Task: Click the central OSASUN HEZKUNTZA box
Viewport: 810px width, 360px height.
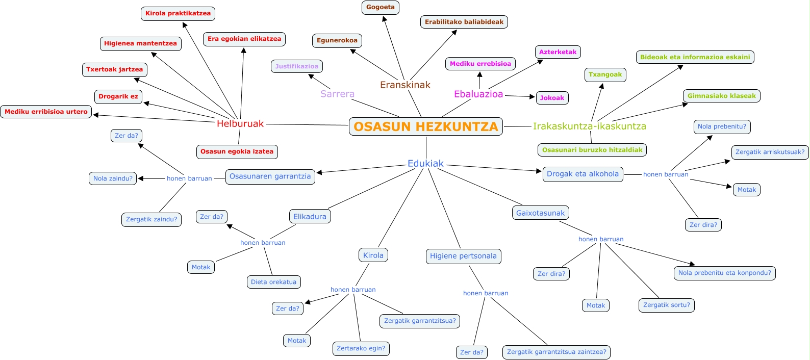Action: [x=425, y=126]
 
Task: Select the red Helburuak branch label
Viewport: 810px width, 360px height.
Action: [x=240, y=123]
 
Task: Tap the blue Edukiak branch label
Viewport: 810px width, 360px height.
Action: [x=425, y=163]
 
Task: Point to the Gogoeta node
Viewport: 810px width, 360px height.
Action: [x=381, y=7]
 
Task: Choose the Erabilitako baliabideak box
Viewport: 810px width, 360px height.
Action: [x=464, y=22]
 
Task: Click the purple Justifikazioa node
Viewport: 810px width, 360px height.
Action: [x=297, y=66]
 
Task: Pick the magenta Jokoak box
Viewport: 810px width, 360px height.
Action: [x=552, y=98]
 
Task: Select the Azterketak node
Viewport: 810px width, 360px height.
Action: [x=558, y=52]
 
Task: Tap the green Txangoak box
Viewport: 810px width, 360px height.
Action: [x=605, y=75]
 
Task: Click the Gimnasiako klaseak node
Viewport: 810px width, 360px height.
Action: [x=721, y=96]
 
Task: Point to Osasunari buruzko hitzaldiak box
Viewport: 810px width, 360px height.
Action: [x=592, y=150]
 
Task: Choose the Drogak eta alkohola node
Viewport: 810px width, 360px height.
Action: [x=583, y=174]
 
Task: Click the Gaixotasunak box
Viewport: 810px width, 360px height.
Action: [x=540, y=213]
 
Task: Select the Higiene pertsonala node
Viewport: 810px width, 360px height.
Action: [x=463, y=256]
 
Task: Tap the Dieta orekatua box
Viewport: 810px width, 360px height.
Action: [x=273, y=282]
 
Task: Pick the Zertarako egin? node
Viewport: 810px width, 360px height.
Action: [x=361, y=348]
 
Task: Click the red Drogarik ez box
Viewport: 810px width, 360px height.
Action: [x=118, y=96]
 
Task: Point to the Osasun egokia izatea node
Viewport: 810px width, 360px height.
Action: [x=237, y=151]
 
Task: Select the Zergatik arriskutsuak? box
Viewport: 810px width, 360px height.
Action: [x=770, y=152]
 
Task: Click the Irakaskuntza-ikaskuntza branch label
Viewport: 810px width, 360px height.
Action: [x=589, y=126]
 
